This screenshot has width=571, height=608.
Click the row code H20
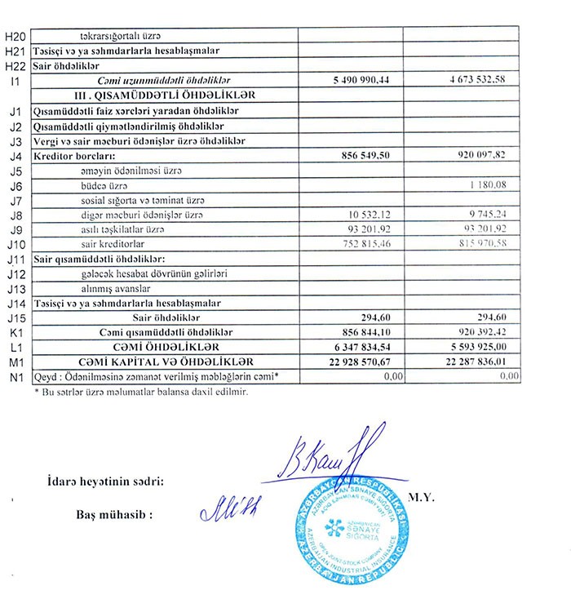[x=15, y=36]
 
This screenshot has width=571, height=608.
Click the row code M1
[x=15, y=362]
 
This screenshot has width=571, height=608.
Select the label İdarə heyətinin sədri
[x=105, y=482]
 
